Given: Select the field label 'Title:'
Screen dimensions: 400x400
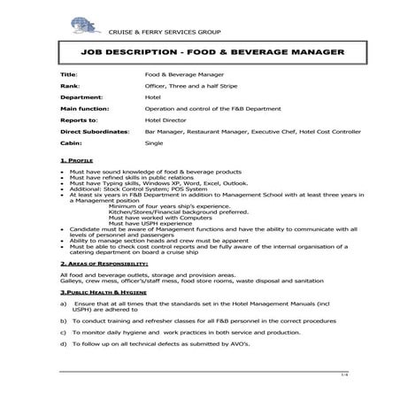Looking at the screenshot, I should (68, 76).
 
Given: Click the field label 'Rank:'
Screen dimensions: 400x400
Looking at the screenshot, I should (69, 87).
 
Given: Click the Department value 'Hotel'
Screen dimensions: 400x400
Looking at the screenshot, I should (152, 97).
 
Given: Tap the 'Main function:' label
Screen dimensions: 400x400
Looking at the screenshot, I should (85, 108).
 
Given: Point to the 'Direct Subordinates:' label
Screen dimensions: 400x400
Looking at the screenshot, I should (96, 131).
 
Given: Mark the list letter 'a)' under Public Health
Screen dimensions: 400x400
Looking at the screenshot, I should (64, 304).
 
